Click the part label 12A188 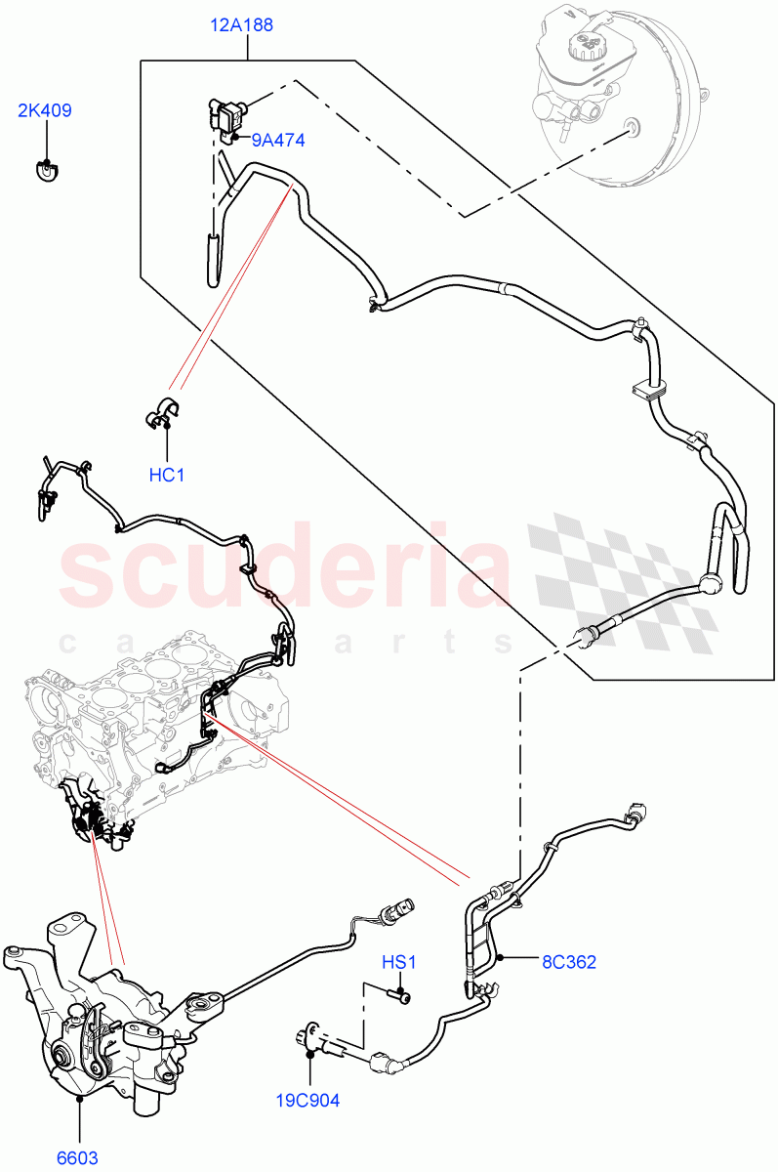point(242,25)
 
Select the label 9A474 point(277,141)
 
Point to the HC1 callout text point(167,476)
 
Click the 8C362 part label point(569,962)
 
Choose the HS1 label point(398,963)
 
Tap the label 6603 point(77,1158)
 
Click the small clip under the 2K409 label point(45,171)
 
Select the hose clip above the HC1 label point(164,414)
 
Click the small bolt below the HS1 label point(400,995)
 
